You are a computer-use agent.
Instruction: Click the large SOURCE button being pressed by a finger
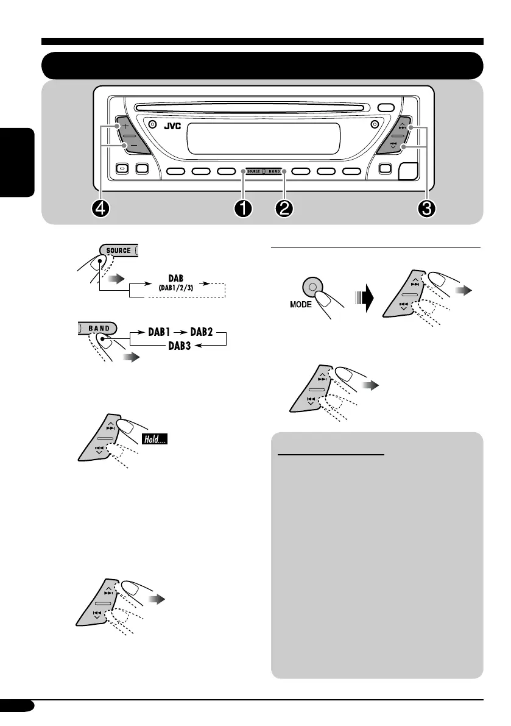coord(118,251)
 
